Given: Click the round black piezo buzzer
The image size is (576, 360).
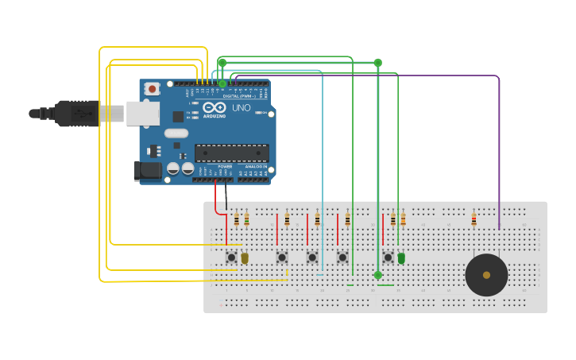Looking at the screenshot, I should coord(486,275).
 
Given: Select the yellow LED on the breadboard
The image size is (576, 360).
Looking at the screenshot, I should coord(245,258).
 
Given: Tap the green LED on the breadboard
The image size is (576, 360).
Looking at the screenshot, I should coord(401,258).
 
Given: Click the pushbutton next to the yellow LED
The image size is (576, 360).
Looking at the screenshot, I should coord(231,257).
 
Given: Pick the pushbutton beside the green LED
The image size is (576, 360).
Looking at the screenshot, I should coord(388,257).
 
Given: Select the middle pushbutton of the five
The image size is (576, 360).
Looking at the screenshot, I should coord(312,257).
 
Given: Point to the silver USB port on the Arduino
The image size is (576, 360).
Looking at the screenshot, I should coord(142,114).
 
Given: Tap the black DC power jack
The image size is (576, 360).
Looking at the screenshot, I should coord(148,170).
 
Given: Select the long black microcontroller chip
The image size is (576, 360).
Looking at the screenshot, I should coord(231,153).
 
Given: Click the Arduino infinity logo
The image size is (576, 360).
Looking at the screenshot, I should coord(214,107).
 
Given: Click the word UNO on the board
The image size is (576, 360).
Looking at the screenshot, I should coord(241,107).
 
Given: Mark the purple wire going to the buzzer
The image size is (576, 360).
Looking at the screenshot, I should coord(499,143).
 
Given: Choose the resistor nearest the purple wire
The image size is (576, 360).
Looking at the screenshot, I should coord(474,219).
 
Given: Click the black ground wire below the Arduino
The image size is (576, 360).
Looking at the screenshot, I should coord(226,195).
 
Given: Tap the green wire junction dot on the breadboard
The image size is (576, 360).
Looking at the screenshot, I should coord(377,275).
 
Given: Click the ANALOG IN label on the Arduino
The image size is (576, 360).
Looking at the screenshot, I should coord(256,167).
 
